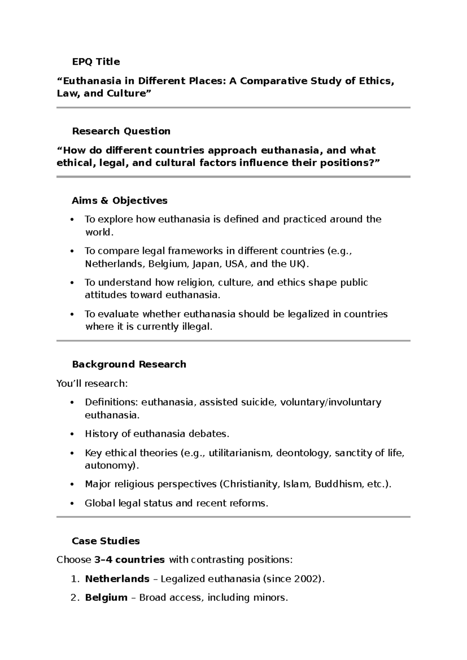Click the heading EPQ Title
[x=96, y=62]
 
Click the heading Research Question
[x=121, y=131]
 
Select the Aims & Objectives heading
[x=119, y=201]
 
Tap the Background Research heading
[x=129, y=365]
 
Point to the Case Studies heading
[x=105, y=541]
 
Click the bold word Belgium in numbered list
[x=106, y=598]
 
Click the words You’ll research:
[x=92, y=384]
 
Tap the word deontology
[x=303, y=453]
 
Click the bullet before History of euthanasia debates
[x=72, y=434]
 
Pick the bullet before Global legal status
[x=72, y=504]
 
